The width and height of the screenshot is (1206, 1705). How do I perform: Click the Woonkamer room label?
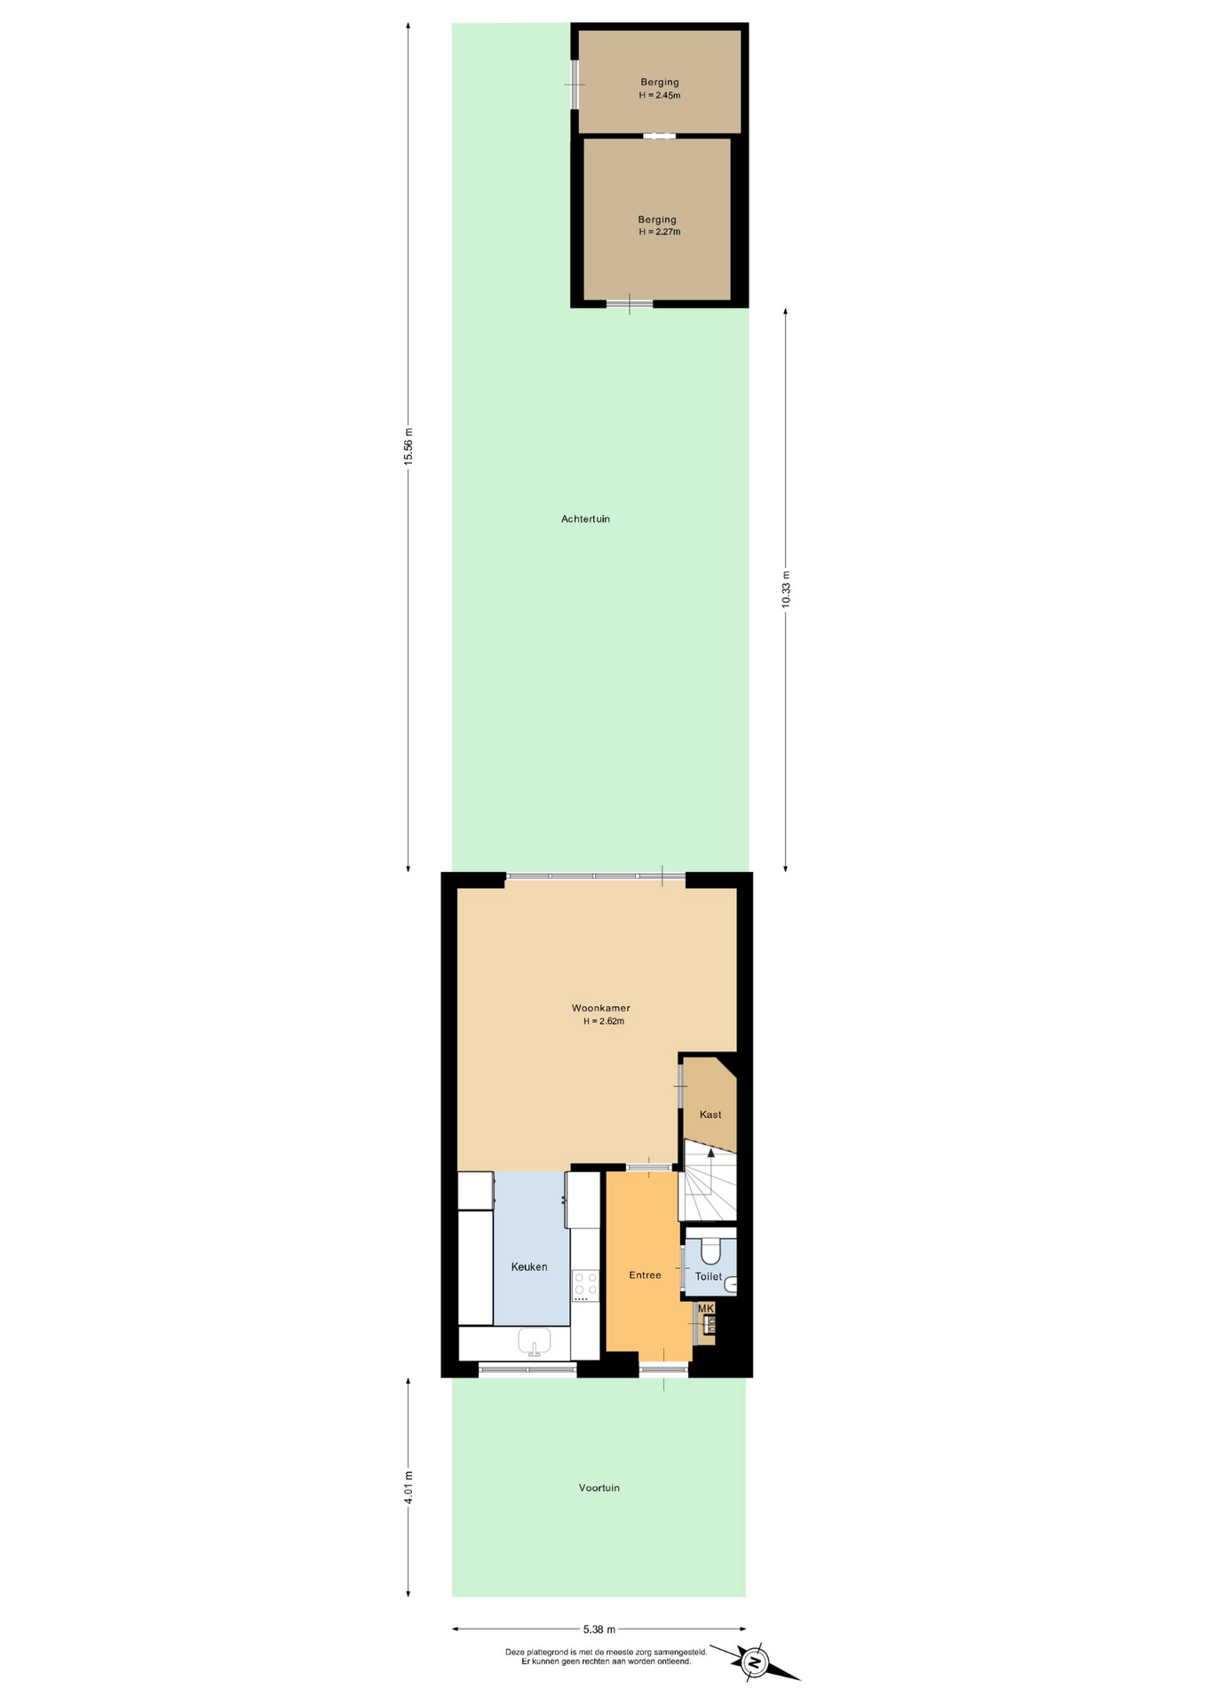point(600,1008)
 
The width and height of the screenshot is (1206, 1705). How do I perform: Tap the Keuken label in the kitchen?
point(529,1267)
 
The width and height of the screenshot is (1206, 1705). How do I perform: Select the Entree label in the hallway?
point(645,1275)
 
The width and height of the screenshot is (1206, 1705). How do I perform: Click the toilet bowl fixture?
point(710,1250)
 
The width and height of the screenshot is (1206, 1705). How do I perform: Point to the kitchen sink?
point(534,1342)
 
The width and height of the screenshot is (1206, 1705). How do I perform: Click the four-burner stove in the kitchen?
point(585,1285)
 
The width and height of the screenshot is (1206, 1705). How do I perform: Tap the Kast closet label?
point(710,1114)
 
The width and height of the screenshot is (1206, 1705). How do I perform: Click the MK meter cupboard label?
point(706,1308)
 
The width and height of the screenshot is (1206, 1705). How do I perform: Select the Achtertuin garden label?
point(585,519)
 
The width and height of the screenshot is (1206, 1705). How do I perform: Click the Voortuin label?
point(599,1487)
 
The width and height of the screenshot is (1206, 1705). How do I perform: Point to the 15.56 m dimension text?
point(409,447)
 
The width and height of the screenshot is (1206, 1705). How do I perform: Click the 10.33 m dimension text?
point(786,588)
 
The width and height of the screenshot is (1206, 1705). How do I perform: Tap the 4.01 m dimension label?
point(409,1487)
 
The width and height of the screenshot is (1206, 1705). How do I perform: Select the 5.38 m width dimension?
point(599,1630)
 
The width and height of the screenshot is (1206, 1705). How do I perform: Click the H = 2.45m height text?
point(660,95)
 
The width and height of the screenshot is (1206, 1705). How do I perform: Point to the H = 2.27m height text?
point(660,232)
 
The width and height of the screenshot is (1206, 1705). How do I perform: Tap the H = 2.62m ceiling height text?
point(604,1021)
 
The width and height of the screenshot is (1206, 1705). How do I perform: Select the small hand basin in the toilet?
point(730,1284)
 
